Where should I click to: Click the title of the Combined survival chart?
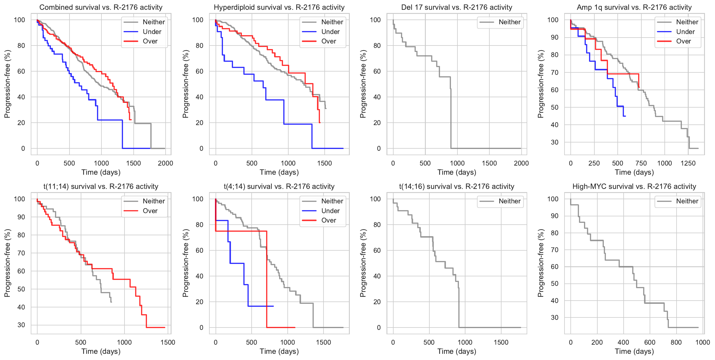click(101, 7)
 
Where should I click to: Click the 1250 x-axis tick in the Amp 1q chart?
click(688, 163)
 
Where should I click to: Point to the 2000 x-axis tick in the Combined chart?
click(165, 163)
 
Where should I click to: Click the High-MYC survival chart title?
click(634, 187)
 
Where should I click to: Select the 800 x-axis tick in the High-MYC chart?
click(676, 342)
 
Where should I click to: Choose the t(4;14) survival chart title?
click(279, 187)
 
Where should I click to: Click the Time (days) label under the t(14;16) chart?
click(457, 351)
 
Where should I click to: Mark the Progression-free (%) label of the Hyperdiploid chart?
click(185, 84)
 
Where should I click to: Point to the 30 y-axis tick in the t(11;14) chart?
click(21, 325)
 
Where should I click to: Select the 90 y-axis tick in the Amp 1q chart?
click(553, 37)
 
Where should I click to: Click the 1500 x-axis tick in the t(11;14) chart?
click(168, 342)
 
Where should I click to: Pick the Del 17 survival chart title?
click(457, 7)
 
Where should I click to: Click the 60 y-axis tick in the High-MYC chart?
click(553, 267)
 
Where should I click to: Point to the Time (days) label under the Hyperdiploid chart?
click(279, 172)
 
